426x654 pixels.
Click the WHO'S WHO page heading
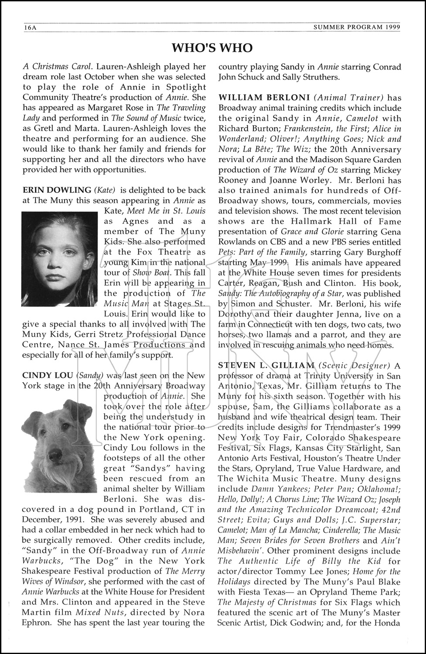(x=212, y=48)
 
